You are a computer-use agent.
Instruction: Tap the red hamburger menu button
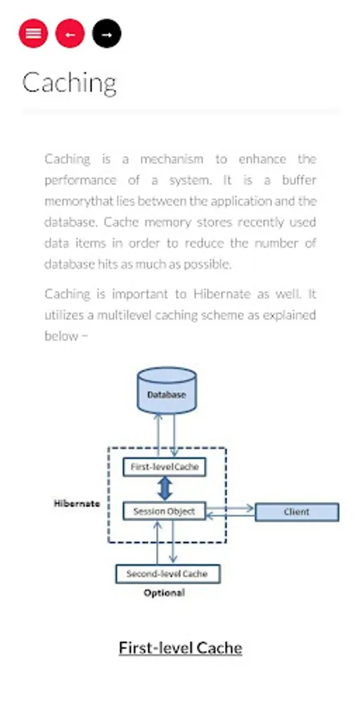[32, 34]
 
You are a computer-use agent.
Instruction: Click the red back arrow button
[70, 34]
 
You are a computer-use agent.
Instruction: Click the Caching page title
[69, 82]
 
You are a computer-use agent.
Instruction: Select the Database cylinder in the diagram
[166, 392]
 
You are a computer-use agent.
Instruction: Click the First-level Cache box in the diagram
[164, 466]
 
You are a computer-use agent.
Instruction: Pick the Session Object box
[164, 511]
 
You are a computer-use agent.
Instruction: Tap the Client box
[297, 512]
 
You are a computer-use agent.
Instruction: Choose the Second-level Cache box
[167, 574]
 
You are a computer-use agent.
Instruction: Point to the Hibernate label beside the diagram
[77, 503]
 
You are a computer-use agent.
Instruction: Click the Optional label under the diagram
[164, 593]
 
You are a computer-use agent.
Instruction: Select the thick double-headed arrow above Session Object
[165, 488]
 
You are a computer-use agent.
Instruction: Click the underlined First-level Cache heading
[180, 647]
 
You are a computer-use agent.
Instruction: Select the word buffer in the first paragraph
[299, 180]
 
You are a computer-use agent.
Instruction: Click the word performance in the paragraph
[81, 180]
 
